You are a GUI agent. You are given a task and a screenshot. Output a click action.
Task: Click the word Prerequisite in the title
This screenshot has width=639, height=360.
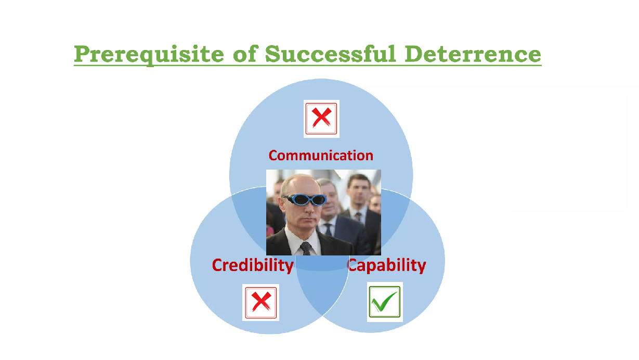pyautogui.click(x=149, y=55)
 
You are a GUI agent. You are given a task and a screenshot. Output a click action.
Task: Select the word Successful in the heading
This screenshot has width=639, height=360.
pyautogui.click(x=330, y=54)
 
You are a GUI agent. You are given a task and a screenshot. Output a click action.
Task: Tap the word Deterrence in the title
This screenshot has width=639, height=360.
pyautogui.click(x=473, y=54)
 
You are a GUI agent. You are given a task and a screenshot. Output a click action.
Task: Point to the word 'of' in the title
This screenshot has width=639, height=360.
pyautogui.click(x=245, y=54)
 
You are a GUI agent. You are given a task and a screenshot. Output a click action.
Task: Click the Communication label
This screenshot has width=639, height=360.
pyautogui.click(x=321, y=156)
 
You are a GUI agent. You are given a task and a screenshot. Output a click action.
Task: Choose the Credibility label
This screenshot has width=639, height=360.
pyautogui.click(x=253, y=265)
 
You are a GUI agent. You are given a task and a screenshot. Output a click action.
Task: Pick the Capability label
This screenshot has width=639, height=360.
pyautogui.click(x=386, y=265)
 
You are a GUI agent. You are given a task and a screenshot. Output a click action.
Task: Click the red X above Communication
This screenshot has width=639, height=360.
pyautogui.click(x=321, y=118)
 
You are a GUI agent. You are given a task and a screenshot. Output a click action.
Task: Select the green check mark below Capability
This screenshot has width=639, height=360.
pyautogui.click(x=384, y=302)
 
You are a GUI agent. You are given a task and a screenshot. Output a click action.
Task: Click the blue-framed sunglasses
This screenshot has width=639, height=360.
pyautogui.click(x=305, y=199)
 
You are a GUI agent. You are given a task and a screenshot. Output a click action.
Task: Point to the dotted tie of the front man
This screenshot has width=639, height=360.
pyautogui.click(x=306, y=248)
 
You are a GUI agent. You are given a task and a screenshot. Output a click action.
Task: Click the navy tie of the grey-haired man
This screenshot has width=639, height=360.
pyautogui.click(x=328, y=229)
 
